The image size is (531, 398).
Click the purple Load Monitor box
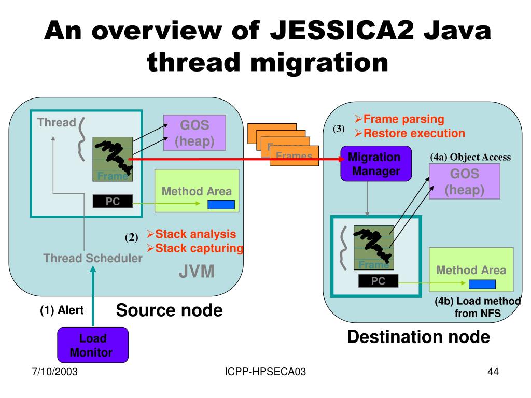pos(92,345)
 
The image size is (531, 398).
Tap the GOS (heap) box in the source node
pos(194,133)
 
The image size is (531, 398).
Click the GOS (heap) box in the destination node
pos(464,181)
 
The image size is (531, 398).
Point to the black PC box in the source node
pos(113,202)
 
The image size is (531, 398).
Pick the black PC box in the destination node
pos(378,281)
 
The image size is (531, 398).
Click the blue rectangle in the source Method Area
pos(221,205)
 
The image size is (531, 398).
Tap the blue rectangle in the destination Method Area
pos(482,284)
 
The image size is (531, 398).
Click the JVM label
pos(197,272)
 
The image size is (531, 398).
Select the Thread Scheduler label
pos(93,258)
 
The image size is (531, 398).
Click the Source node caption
pos(169,310)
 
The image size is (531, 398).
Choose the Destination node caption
pos(418,337)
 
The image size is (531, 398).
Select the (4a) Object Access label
pos(470,157)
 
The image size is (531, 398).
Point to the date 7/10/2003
pos(53,372)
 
